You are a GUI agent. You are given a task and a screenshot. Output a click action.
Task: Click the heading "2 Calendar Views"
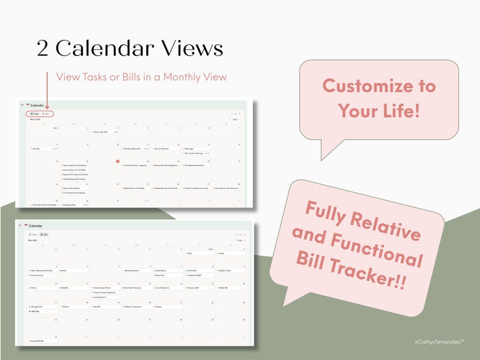click(x=129, y=49)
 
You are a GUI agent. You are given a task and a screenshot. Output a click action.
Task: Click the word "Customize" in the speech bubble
click(x=378, y=86)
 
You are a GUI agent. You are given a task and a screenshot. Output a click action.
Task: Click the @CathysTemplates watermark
click(x=439, y=342)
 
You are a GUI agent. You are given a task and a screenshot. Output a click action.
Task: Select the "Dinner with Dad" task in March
click(x=100, y=132)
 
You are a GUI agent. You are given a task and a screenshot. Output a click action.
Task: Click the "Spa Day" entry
click(x=37, y=148)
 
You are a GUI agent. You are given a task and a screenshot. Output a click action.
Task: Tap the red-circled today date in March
click(x=117, y=161)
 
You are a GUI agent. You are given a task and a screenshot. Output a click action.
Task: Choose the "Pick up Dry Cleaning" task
click(x=195, y=153)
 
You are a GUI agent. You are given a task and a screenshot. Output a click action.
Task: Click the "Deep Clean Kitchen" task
click(x=74, y=188)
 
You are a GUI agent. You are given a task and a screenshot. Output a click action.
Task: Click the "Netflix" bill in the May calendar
click(x=66, y=288)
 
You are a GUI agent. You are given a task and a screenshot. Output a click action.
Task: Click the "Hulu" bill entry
click(x=65, y=270)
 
